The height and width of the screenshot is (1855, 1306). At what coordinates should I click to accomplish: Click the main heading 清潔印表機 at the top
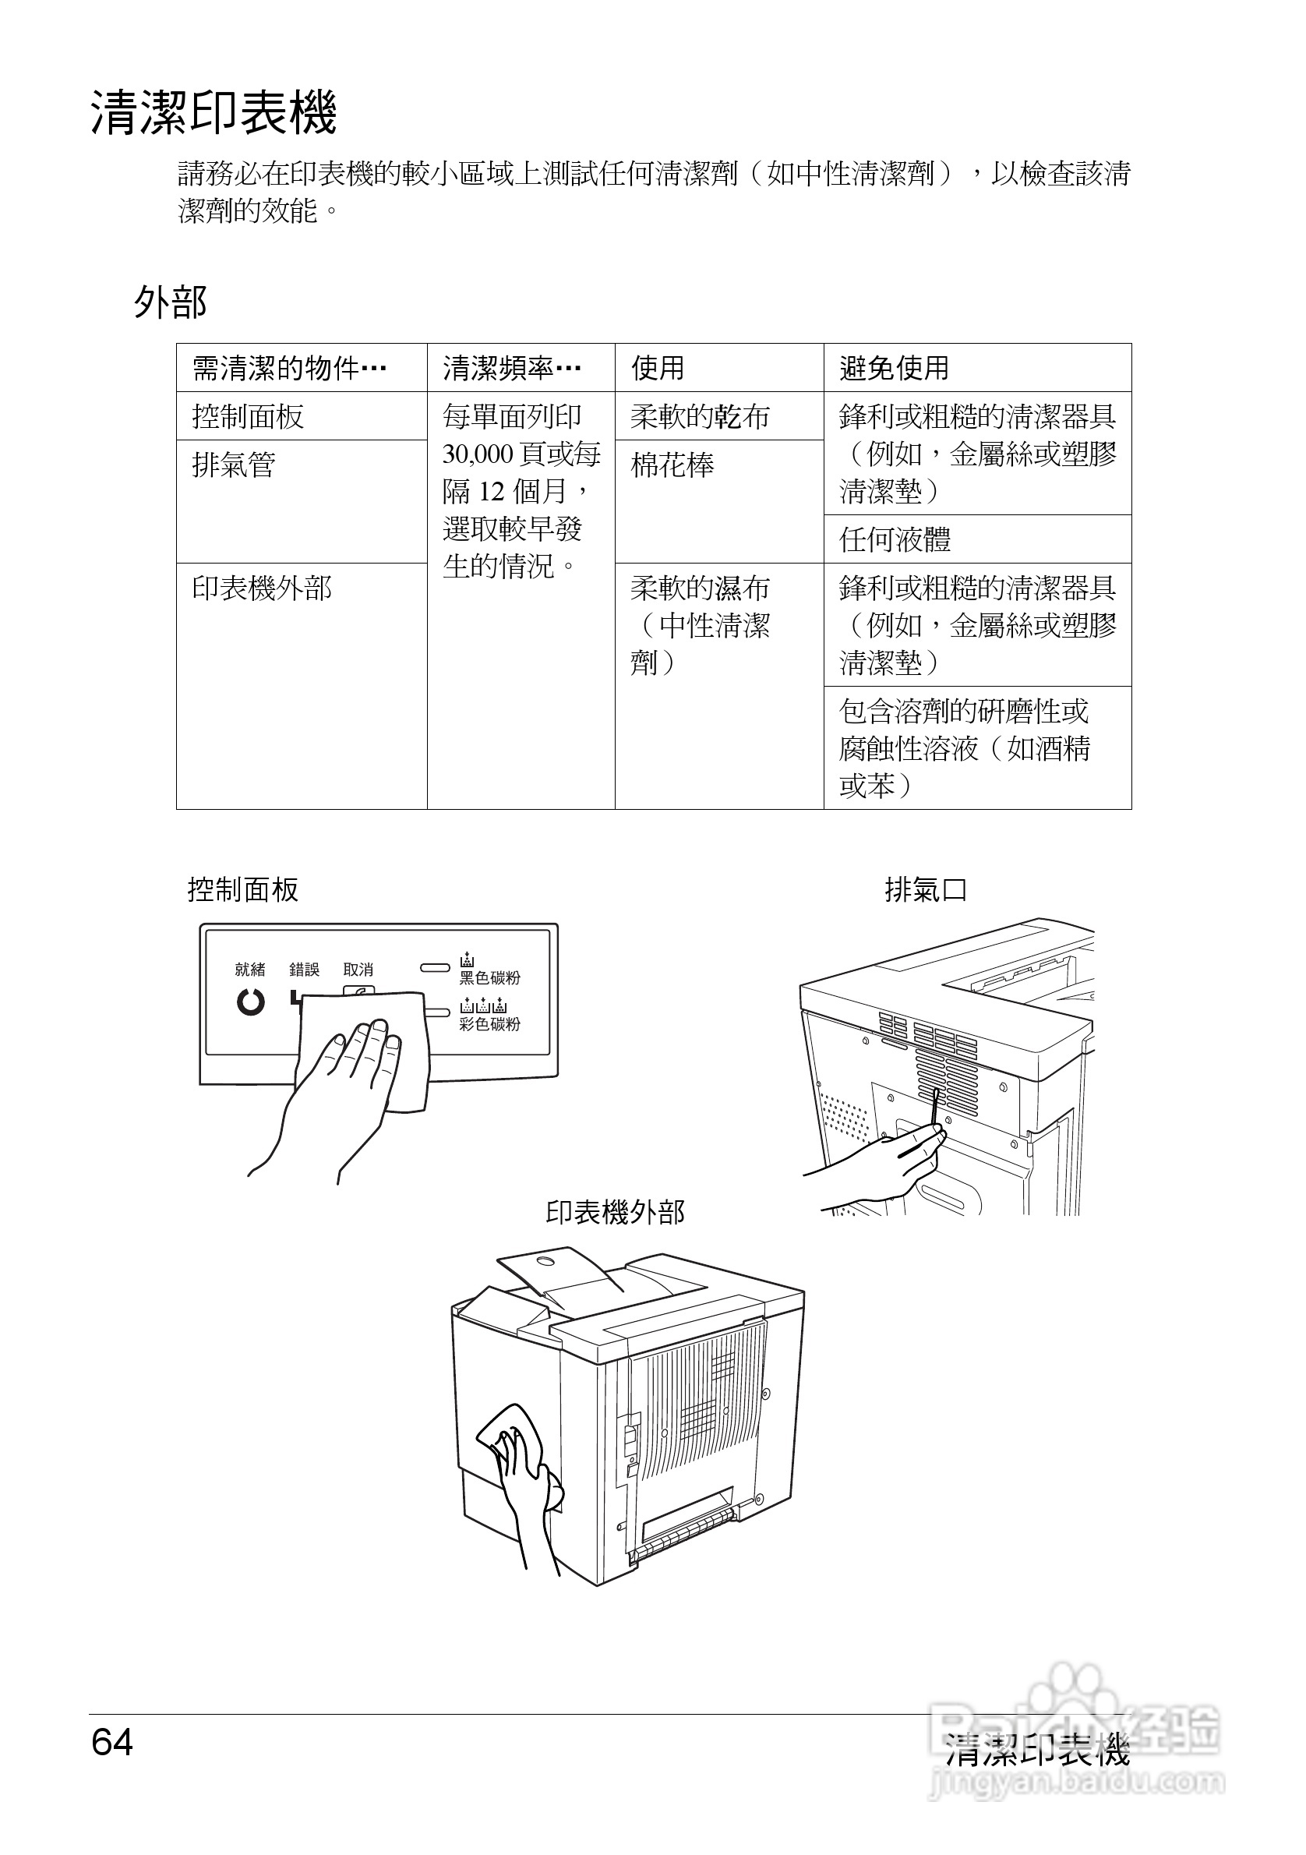[214, 113]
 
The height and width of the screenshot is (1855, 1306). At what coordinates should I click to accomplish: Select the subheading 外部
[171, 302]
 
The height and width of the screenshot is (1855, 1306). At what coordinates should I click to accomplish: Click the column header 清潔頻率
[510, 369]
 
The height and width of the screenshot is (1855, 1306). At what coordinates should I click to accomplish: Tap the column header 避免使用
[894, 369]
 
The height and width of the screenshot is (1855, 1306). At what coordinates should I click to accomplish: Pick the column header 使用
[658, 369]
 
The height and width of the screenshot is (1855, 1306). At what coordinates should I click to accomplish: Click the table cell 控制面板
[248, 417]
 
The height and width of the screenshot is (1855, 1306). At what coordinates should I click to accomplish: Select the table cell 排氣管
[235, 465]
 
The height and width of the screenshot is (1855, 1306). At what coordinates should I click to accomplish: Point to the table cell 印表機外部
[262, 588]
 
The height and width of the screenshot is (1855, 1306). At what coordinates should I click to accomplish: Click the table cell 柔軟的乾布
[700, 417]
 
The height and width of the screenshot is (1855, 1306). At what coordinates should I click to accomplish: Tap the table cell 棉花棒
[672, 465]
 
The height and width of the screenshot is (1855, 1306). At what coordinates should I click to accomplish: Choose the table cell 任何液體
[895, 539]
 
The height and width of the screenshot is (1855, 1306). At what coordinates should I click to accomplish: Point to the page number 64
[112, 1743]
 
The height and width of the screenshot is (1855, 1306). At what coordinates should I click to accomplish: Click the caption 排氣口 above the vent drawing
[926, 890]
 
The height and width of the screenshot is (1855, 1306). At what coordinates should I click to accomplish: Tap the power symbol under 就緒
[250, 1002]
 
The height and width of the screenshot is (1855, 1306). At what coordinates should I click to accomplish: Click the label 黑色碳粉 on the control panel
[489, 978]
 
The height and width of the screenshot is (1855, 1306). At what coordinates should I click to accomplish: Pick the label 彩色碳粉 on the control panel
[489, 1024]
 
